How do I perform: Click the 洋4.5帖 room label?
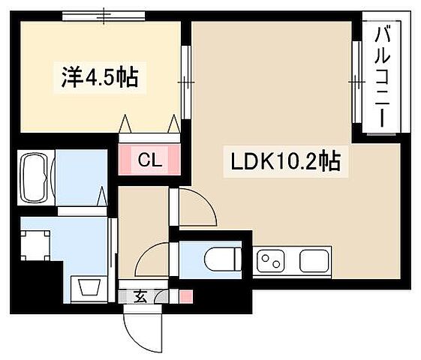(x=100, y=77)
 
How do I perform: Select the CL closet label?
(x=149, y=159)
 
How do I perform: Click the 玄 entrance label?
(x=140, y=295)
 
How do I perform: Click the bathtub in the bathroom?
(x=34, y=178)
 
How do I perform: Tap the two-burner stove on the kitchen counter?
(x=271, y=261)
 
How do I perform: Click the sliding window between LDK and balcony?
(x=356, y=79)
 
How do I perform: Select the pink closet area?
(x=149, y=158)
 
